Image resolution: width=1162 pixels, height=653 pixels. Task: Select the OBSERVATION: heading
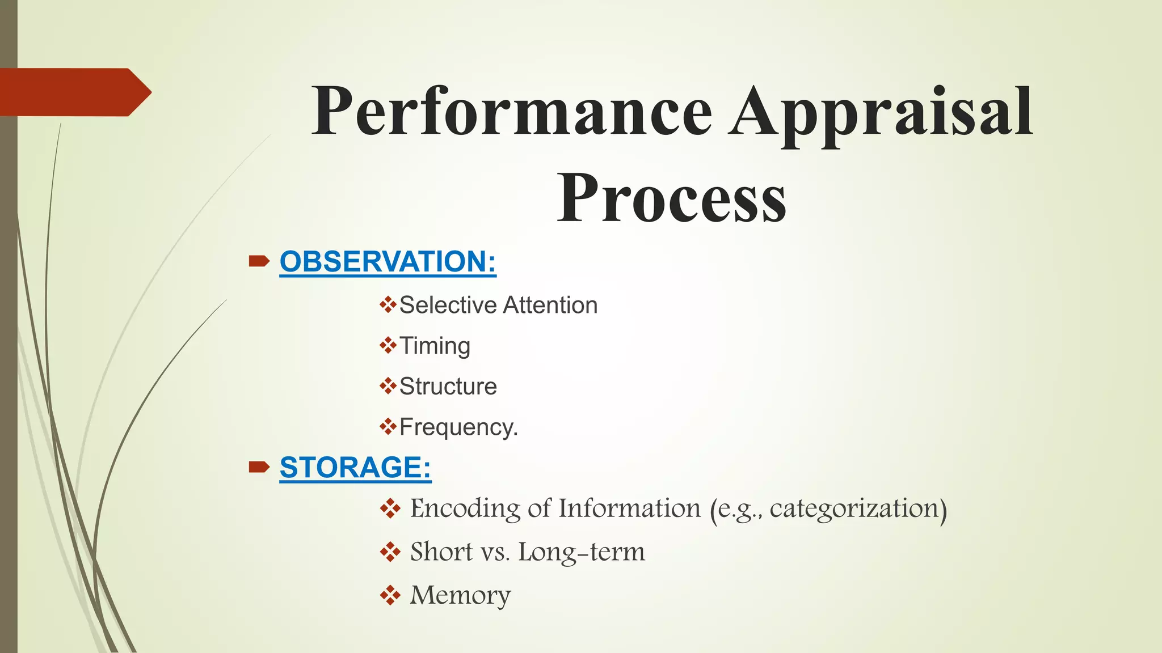coord(388,261)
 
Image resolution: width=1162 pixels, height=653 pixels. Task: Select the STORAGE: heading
coord(355,467)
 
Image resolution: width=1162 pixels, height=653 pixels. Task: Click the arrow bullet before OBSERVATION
coord(259,261)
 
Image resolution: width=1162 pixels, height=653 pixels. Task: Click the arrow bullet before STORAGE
coord(259,467)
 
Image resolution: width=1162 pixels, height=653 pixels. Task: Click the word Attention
coord(550,305)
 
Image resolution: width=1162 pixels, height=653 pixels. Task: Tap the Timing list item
coord(435,346)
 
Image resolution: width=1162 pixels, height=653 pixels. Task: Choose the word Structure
coord(448,386)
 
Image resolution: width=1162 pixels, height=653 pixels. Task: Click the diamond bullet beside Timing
coord(388,345)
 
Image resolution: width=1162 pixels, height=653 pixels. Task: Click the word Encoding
coord(465,508)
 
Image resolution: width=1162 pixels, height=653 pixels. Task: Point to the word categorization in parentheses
coord(854,508)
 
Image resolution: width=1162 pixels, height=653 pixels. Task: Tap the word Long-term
coord(581,552)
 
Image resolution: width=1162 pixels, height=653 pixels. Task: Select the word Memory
coord(460,595)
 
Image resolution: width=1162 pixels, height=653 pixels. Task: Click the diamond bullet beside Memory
coord(390,595)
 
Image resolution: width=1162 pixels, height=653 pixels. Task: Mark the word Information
coord(629,508)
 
